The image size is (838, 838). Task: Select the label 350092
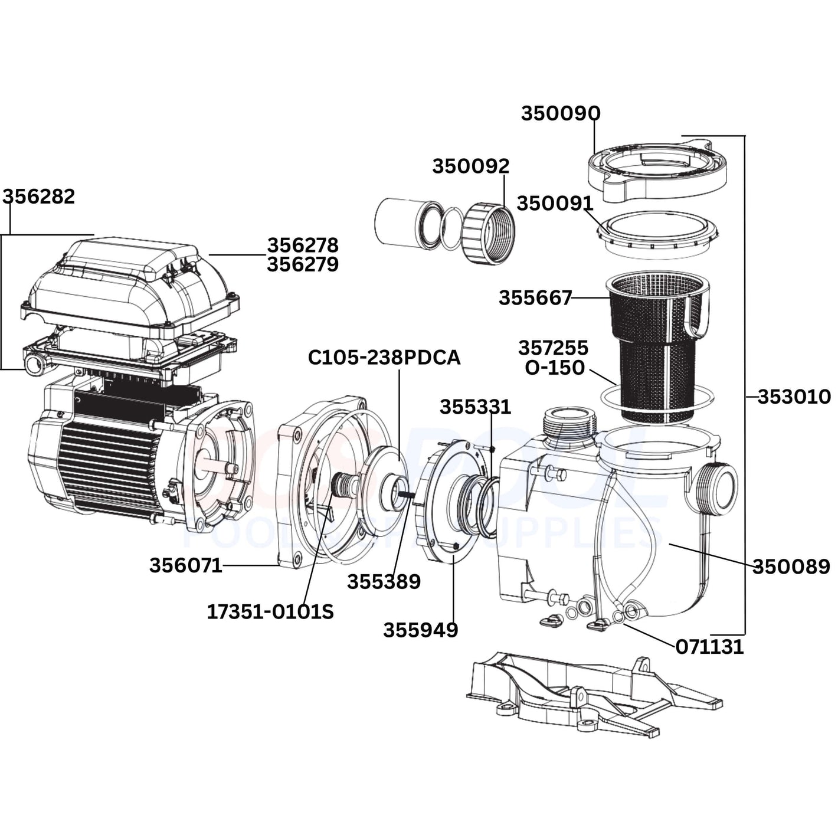[x=470, y=166]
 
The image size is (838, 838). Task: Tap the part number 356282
[x=40, y=197]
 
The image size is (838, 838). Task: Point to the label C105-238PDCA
[x=384, y=358]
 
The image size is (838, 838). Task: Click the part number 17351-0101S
[x=270, y=612]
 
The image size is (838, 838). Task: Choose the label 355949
[x=420, y=630]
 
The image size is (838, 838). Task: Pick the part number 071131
[x=709, y=647]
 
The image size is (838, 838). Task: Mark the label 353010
[x=794, y=397]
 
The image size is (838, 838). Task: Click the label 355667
[x=535, y=298]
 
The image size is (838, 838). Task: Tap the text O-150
[x=555, y=368]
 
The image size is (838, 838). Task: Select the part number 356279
[x=303, y=265]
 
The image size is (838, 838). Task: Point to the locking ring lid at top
[x=655, y=168]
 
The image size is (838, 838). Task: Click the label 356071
[x=185, y=565]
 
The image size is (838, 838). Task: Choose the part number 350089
[x=791, y=567]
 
